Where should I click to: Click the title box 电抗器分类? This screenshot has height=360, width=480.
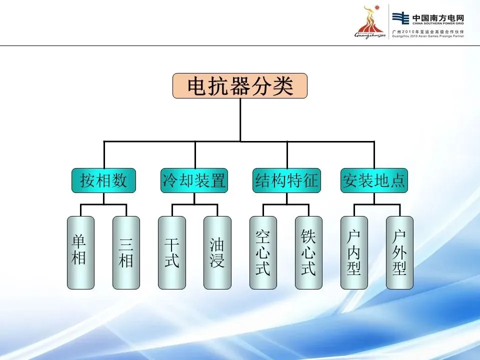pos(240,86)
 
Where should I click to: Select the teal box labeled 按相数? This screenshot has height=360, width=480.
pos(103,180)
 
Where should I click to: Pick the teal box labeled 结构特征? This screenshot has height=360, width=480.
pos(286,180)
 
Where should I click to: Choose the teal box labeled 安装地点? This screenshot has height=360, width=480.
pos(374,180)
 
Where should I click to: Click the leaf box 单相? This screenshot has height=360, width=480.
pos(80,252)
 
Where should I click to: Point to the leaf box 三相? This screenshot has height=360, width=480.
pos(126,252)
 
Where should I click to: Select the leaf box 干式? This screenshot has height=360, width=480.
pos(171,252)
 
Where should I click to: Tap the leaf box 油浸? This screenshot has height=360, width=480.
pos(217,252)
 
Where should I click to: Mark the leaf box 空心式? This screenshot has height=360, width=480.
pos(263,252)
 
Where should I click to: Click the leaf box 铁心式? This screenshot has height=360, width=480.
pos(308,252)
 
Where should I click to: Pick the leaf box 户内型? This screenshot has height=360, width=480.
pos(354,252)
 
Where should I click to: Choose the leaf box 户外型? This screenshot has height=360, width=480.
pos(399,252)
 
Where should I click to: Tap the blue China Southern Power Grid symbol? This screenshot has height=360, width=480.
pos(400,17)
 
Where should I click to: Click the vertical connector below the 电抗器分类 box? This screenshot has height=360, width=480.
pos(240,120)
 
